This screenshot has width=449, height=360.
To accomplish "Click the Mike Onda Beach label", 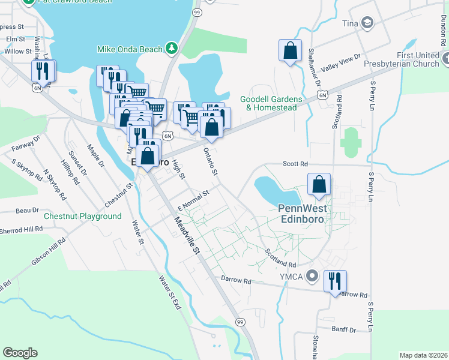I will (130, 48).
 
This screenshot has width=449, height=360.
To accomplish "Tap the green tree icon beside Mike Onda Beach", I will (172, 47).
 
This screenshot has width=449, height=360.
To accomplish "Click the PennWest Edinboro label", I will (305, 214).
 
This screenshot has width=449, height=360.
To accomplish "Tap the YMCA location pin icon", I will (312, 276).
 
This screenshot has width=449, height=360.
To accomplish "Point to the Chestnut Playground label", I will (82, 216).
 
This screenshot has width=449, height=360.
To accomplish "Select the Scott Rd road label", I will (295, 164).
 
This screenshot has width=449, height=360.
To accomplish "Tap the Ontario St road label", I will (210, 161).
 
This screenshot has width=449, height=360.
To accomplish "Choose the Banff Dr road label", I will (343, 329).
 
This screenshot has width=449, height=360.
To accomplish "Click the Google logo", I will (20, 353).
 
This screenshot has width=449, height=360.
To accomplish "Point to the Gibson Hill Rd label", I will (48, 251).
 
